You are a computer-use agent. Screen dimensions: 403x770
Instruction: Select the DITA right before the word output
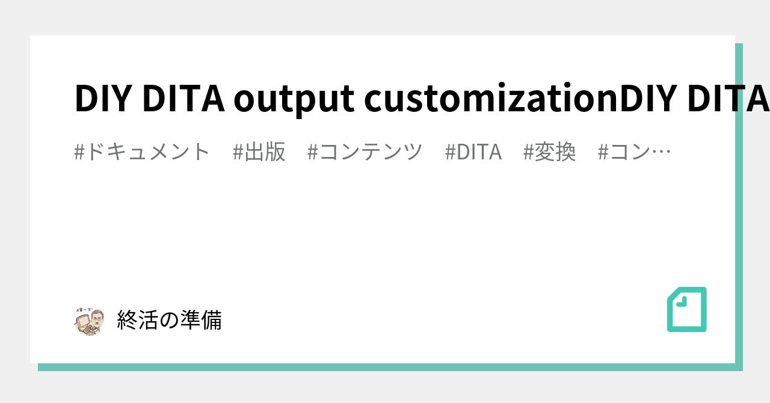(184, 99)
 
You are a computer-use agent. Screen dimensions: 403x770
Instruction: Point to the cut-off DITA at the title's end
(727, 99)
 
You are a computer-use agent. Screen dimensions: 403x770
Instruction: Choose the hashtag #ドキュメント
(142, 152)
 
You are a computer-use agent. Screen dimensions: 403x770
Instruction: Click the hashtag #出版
(259, 152)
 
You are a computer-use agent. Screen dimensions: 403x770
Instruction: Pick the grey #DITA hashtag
(473, 152)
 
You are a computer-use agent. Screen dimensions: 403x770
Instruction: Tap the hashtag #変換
(550, 152)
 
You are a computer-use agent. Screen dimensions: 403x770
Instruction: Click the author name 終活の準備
(169, 320)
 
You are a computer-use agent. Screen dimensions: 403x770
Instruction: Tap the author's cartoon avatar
(88, 321)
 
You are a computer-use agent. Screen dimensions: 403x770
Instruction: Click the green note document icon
(687, 310)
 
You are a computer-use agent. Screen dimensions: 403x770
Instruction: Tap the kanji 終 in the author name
(127, 320)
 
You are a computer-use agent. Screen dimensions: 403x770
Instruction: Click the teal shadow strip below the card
(385, 367)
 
